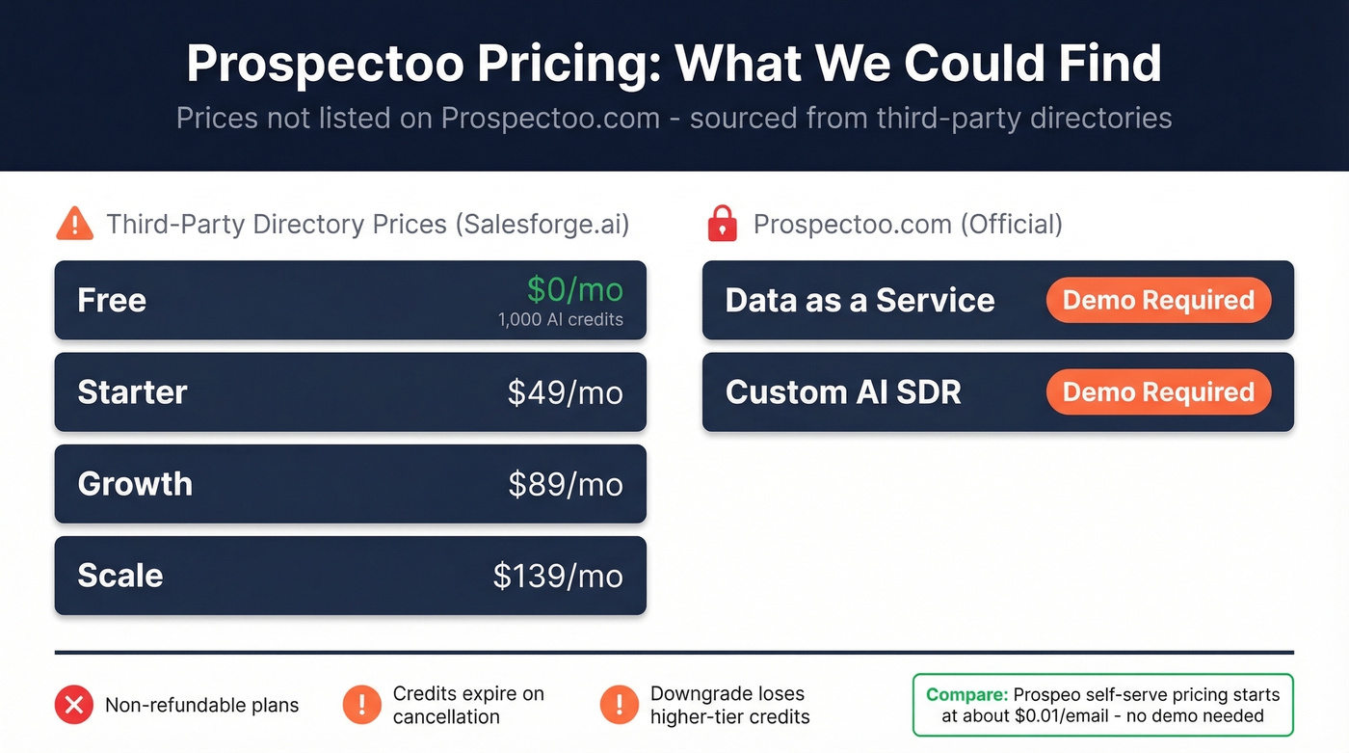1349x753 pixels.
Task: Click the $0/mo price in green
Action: (x=574, y=288)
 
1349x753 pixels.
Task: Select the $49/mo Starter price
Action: (x=565, y=392)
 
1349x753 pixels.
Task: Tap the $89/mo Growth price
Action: (x=565, y=484)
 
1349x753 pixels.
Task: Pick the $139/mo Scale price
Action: (x=557, y=576)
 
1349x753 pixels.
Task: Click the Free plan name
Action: (x=112, y=300)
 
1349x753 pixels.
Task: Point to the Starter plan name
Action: (x=132, y=392)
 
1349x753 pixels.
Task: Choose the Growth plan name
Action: (x=135, y=484)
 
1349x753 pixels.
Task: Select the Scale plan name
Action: (x=120, y=576)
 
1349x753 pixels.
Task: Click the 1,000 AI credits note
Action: (x=560, y=319)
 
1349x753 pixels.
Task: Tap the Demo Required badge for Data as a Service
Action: (x=1158, y=300)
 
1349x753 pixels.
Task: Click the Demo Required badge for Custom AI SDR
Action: (x=1158, y=392)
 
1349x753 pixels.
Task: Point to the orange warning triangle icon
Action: (x=74, y=225)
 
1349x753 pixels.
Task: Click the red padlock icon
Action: (x=722, y=225)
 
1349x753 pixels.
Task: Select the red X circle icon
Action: (x=73, y=705)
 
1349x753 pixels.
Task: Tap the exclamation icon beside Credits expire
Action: (x=361, y=705)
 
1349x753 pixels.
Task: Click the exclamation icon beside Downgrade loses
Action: (x=619, y=705)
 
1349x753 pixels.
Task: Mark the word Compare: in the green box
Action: (x=966, y=694)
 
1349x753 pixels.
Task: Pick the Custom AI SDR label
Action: (x=843, y=392)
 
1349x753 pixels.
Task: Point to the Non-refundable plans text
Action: (x=201, y=706)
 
